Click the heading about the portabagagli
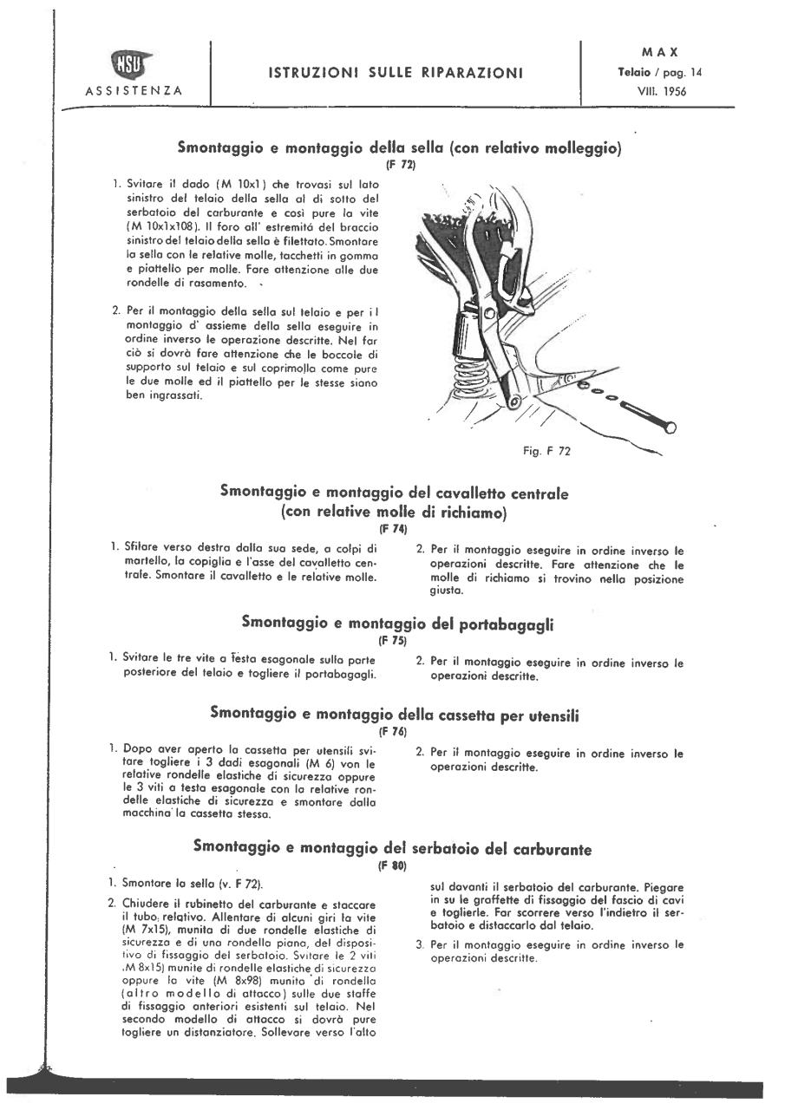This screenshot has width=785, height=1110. click(x=397, y=624)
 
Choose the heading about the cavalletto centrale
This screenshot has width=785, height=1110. click(x=395, y=502)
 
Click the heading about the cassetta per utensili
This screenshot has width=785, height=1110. click(x=395, y=713)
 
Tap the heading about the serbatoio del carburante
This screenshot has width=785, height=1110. click(x=393, y=847)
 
